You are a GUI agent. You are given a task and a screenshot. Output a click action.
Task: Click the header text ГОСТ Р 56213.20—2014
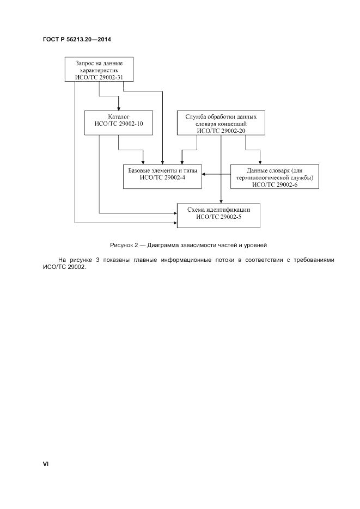(77, 40)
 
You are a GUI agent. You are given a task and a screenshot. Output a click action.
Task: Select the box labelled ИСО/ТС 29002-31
(99, 70)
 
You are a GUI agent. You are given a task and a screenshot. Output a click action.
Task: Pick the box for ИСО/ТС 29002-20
(221, 122)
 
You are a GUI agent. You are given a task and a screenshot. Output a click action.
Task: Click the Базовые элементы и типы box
(162, 175)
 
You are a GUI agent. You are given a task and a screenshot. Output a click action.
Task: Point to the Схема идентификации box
(219, 214)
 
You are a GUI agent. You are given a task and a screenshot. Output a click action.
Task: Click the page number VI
(46, 464)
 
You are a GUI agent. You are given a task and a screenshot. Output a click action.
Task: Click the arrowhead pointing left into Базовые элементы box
(204, 175)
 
